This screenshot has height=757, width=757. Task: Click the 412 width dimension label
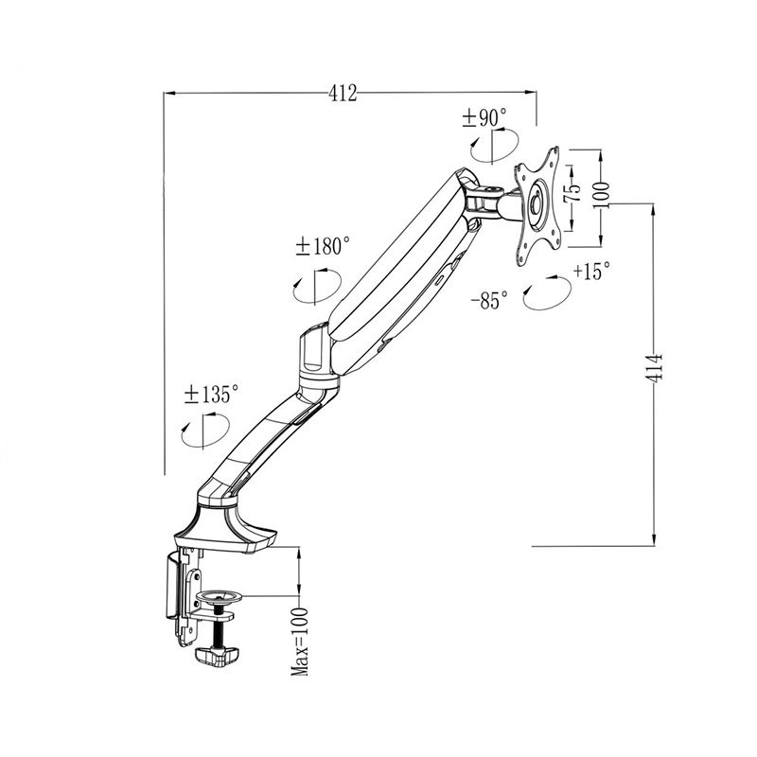coord(343,93)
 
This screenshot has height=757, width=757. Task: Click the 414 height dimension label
coord(654,368)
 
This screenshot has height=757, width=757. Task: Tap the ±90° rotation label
coord(484,117)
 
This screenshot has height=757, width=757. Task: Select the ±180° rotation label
coord(323,246)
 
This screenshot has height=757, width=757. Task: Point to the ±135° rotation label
coord(211,395)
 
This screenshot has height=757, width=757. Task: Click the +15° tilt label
coord(591,271)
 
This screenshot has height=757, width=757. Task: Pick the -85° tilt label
coord(489,301)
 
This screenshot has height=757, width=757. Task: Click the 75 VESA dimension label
coord(573,193)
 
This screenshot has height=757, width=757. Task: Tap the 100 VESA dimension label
coord(601,195)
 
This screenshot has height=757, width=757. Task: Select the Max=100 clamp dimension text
coord(299,642)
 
